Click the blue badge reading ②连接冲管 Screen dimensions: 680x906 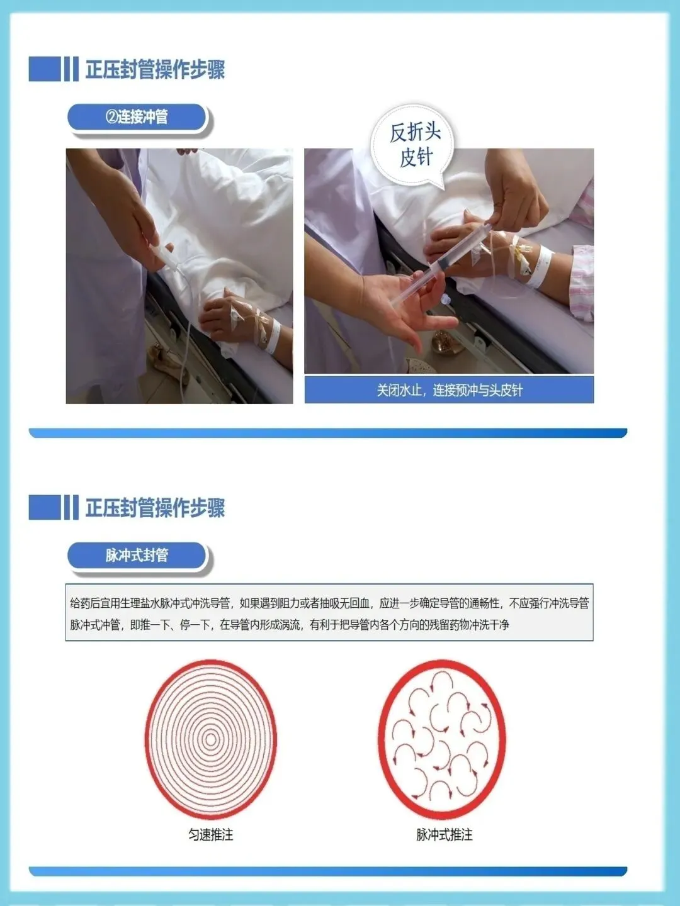click(x=137, y=117)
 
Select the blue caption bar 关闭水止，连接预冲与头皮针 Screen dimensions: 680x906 click(x=449, y=389)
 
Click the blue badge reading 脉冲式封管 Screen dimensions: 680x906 click(x=137, y=556)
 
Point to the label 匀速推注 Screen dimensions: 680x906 click(x=210, y=835)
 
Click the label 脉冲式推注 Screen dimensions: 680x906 click(x=445, y=835)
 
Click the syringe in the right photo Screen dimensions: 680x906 click(x=439, y=265)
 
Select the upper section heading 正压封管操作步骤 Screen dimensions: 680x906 click(x=156, y=69)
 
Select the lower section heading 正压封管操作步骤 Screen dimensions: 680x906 click(x=156, y=508)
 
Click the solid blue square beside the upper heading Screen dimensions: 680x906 click(x=45, y=69)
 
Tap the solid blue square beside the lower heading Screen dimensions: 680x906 click(x=45, y=507)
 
